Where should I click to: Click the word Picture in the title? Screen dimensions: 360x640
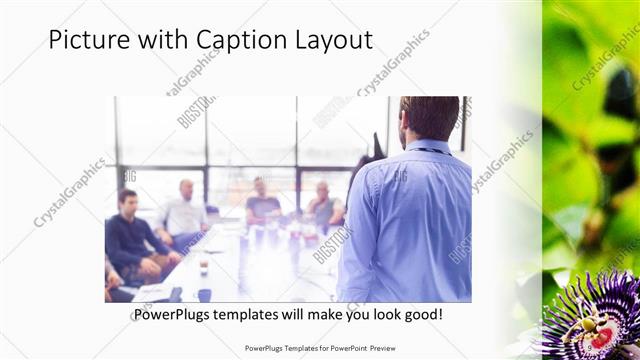tap(90, 41)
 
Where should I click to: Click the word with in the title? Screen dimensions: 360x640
tap(165, 41)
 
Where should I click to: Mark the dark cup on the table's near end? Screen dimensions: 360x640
tap(204, 294)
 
